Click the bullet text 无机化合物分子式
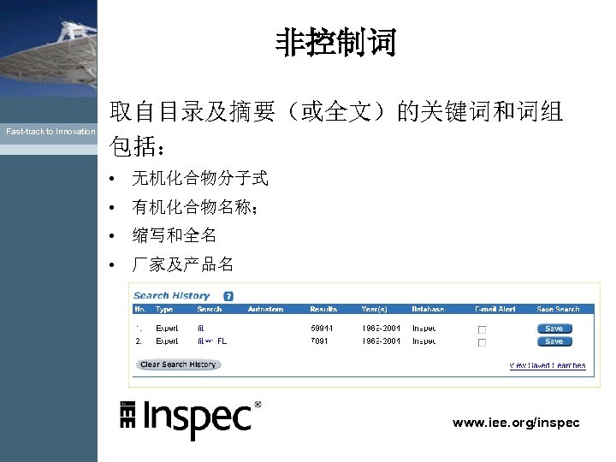coord(199,179)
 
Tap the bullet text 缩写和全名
coord(174,235)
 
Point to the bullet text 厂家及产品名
coord(182,264)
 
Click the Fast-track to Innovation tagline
coord(50,132)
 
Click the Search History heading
coord(171,296)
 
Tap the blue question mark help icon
coord(228,296)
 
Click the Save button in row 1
coord(554,329)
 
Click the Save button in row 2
coord(554,341)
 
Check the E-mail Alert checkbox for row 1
coord(482,329)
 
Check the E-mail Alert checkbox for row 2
coord(482,342)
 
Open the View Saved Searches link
coord(548,365)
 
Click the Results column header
coord(323,309)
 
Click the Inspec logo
coord(190,418)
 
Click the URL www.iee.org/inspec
coord(516,423)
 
